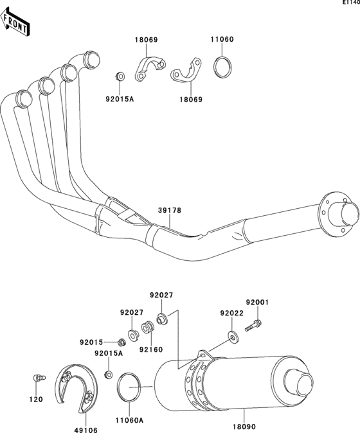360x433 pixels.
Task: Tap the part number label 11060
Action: tap(222, 39)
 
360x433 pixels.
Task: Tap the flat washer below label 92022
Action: tap(231, 334)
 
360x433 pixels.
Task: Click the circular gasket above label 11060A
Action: tap(130, 387)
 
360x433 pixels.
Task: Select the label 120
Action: tap(36, 400)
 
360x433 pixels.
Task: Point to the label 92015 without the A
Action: tap(92, 342)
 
